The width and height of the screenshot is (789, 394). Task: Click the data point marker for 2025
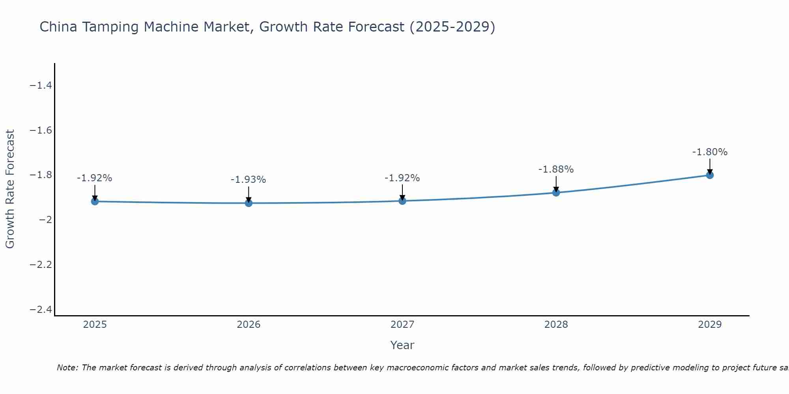pyautogui.click(x=95, y=201)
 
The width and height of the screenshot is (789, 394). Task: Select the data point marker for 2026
pyautogui.click(x=249, y=203)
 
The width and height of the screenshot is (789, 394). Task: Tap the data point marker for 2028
pyautogui.click(x=556, y=192)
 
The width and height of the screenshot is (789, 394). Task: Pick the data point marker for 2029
pyautogui.click(x=710, y=175)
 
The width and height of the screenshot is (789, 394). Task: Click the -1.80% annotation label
pyautogui.click(x=710, y=152)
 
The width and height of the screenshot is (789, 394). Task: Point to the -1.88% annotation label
pyautogui.click(x=556, y=169)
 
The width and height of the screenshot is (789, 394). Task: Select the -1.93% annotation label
pyautogui.click(x=249, y=180)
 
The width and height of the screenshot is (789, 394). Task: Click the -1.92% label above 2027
pyautogui.click(x=402, y=178)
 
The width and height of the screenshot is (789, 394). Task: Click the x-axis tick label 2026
pyautogui.click(x=249, y=325)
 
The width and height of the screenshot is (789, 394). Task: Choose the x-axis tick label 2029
pyautogui.click(x=710, y=325)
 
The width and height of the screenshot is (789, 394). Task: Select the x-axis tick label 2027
pyautogui.click(x=402, y=325)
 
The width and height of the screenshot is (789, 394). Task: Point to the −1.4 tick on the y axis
pyautogui.click(x=41, y=85)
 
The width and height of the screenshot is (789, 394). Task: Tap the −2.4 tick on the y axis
pyautogui.click(x=41, y=310)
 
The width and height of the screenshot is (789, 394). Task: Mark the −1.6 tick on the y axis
pyautogui.click(x=41, y=130)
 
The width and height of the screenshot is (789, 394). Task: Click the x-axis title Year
pyautogui.click(x=402, y=346)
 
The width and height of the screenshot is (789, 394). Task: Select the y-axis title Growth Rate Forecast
pyautogui.click(x=10, y=189)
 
